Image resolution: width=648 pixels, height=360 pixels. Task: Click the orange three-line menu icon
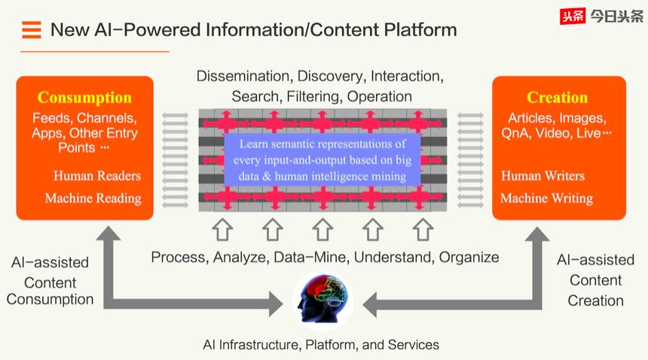click(x=32, y=29)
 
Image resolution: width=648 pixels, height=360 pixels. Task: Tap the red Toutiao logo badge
click(x=573, y=17)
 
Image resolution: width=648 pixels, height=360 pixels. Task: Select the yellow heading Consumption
click(x=84, y=97)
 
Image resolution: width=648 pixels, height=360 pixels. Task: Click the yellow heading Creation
click(x=557, y=97)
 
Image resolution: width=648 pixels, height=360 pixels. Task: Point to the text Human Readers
click(x=97, y=176)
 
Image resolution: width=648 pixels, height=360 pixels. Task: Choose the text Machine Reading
click(x=93, y=199)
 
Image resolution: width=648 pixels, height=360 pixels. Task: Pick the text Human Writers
click(x=543, y=176)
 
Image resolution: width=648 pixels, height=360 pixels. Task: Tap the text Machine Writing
click(x=547, y=199)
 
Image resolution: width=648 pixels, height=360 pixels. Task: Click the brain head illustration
click(x=322, y=301)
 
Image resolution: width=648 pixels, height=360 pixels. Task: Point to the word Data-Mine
click(x=310, y=258)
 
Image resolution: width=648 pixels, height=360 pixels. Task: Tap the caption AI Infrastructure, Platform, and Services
click(x=321, y=345)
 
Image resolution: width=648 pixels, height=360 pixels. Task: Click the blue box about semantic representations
click(x=322, y=160)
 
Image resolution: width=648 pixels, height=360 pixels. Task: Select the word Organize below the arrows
click(x=469, y=258)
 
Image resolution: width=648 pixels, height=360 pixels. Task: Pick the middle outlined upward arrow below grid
click(x=322, y=230)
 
